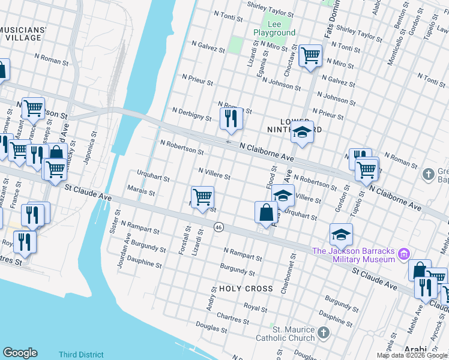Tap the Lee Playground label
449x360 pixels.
pyautogui.click(x=274, y=28)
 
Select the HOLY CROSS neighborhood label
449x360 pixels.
pyautogui.click(x=246, y=289)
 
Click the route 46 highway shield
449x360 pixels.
pyautogui.click(x=218, y=227)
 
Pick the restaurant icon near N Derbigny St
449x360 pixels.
pyautogui.click(x=231, y=119)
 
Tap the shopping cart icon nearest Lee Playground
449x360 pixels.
pyautogui.click(x=310, y=57)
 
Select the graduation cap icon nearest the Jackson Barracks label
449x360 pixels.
pyautogui.click(x=340, y=235)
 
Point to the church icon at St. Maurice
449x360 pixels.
pyautogui.click(x=323, y=332)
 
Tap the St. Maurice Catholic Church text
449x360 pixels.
pyautogui.click(x=294, y=334)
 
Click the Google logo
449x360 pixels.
pyautogui.click(x=20, y=353)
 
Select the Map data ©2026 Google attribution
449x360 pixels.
pyautogui.click(x=412, y=355)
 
